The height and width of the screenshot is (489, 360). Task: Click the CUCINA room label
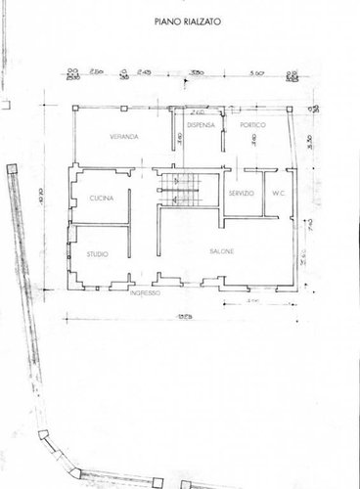point(103,199)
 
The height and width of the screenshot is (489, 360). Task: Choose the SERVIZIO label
point(242,195)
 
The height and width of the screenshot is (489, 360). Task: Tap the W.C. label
point(278,195)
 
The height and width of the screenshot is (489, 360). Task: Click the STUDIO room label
point(96,255)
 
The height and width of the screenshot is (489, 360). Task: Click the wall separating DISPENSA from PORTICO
point(223,137)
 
